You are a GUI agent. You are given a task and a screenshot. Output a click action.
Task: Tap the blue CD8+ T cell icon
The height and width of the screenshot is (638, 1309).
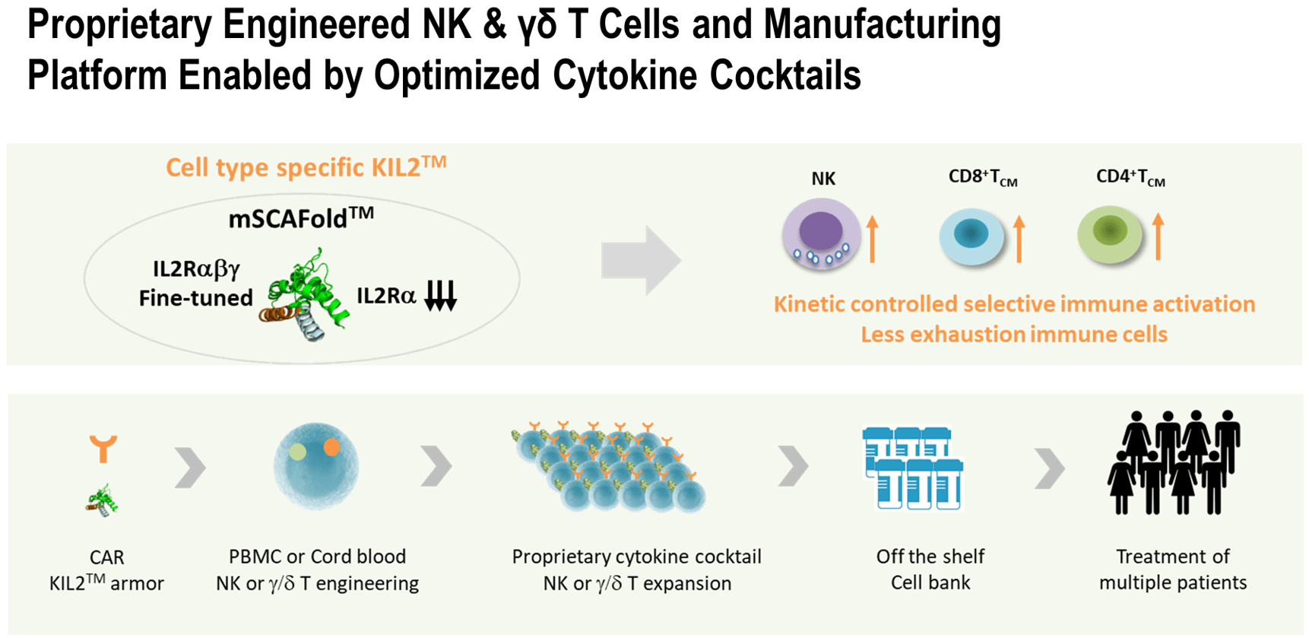click(x=971, y=236)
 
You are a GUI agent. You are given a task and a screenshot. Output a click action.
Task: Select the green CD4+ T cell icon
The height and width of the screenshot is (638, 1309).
click(x=1110, y=234)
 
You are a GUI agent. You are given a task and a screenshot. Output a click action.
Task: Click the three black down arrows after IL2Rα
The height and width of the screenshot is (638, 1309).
click(x=440, y=295)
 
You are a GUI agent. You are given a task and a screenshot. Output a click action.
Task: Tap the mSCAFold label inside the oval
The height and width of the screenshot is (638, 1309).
click(x=301, y=219)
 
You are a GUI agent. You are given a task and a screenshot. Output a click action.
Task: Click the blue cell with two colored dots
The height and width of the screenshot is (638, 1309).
click(x=315, y=465)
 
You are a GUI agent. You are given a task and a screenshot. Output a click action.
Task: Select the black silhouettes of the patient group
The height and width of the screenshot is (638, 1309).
click(x=1173, y=462)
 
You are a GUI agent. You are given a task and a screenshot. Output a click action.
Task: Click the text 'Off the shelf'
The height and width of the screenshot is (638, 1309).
click(x=930, y=557)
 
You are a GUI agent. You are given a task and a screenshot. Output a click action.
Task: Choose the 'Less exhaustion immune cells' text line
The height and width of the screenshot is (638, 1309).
click(x=1013, y=335)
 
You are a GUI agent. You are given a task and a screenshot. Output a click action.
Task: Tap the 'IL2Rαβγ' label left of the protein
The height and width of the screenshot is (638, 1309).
click(x=196, y=269)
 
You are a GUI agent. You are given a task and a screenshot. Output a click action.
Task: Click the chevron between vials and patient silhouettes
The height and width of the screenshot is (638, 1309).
click(x=1050, y=467)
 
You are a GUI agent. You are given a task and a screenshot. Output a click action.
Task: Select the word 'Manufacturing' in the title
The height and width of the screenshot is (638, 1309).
click(x=882, y=24)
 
